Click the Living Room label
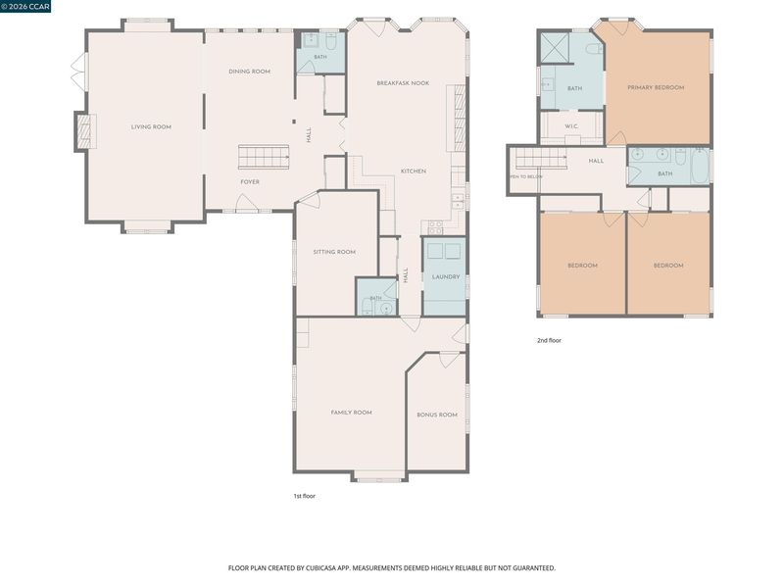pyautogui.click(x=151, y=127)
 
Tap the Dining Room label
pyautogui.click(x=250, y=72)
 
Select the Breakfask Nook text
pyautogui.click(x=403, y=83)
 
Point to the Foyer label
pyautogui.click(x=250, y=182)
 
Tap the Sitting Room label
pyautogui.click(x=334, y=252)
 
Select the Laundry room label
pyautogui.click(x=446, y=277)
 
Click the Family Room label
pyautogui.click(x=352, y=413)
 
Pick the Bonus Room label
pyautogui.click(x=437, y=415)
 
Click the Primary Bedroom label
pyautogui.click(x=656, y=87)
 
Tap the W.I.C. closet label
pyautogui.click(x=571, y=126)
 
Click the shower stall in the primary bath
pyautogui.click(x=555, y=48)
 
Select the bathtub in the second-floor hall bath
pyautogui.click(x=700, y=167)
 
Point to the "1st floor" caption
pyautogui.click(x=305, y=497)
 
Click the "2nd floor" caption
pyautogui.click(x=549, y=340)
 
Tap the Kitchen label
pyautogui.click(x=414, y=171)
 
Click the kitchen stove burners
pyautogui.click(x=435, y=228)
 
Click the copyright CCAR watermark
pyautogui.click(x=25, y=6)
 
